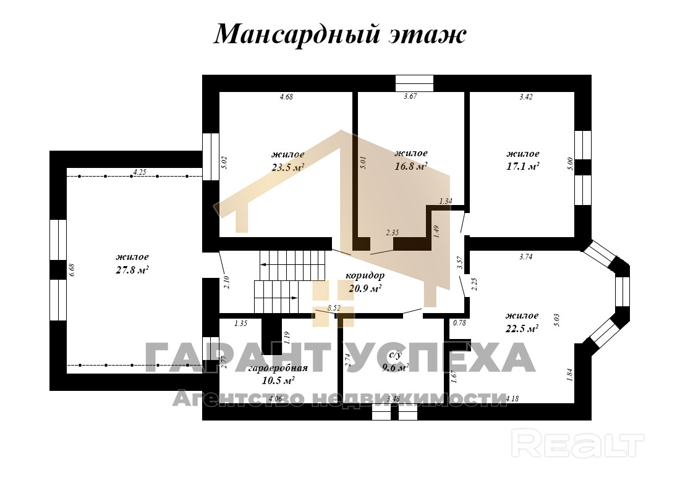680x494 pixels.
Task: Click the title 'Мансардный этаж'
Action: tap(339, 35)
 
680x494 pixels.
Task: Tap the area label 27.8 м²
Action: tap(132, 270)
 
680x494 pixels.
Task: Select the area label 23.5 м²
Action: tap(287, 167)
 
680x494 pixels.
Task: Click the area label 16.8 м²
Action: tap(410, 166)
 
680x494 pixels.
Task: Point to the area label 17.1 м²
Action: tap(522, 166)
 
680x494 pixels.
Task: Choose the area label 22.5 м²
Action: tap(522, 329)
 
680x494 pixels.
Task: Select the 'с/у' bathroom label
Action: tap(396, 356)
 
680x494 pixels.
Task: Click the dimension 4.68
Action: tap(286, 96)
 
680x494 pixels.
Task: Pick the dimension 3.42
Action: tap(526, 96)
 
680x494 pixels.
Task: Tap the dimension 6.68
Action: tap(72, 270)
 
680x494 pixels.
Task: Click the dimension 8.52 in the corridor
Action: tap(334, 307)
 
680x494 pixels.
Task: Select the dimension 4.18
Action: tap(512, 399)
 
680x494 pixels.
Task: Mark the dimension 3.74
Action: tap(525, 257)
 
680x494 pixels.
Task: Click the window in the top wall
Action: tap(414, 83)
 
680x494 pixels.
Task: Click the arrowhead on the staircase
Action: tap(263, 264)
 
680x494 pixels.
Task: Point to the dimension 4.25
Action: tap(139, 172)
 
